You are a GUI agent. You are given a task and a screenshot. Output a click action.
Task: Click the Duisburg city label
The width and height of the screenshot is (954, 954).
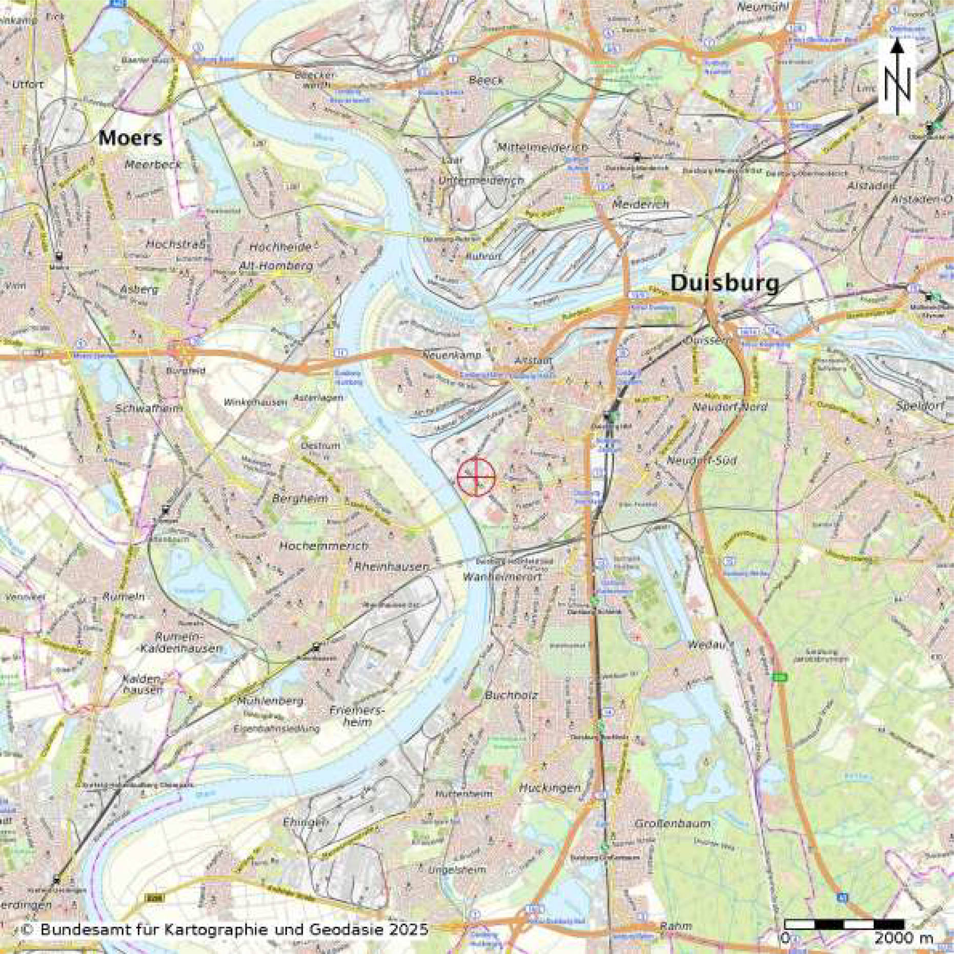724,283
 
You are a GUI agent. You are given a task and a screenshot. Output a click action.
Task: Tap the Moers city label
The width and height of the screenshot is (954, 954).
130,138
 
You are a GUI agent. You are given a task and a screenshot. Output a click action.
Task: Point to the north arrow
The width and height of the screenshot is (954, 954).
897,77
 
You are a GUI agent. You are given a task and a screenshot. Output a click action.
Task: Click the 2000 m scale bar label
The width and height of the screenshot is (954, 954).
903,939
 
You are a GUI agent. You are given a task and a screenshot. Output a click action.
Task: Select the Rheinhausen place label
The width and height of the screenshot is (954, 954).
391,567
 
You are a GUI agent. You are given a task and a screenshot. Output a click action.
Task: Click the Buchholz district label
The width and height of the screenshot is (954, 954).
511,696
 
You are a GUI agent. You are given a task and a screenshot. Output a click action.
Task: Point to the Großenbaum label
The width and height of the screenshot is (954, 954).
673,824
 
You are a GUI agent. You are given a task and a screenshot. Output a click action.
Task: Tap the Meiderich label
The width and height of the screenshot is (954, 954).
640,204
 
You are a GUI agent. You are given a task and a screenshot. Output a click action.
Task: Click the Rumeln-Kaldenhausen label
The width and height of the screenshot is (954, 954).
189,643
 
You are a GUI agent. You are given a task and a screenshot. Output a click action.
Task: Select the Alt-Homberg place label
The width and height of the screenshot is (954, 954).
276,266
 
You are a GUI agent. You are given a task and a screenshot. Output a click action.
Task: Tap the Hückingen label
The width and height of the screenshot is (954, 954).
550,788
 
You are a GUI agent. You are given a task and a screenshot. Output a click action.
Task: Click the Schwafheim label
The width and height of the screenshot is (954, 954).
149,409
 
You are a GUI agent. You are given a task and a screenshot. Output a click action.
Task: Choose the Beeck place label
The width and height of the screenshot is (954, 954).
486,80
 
